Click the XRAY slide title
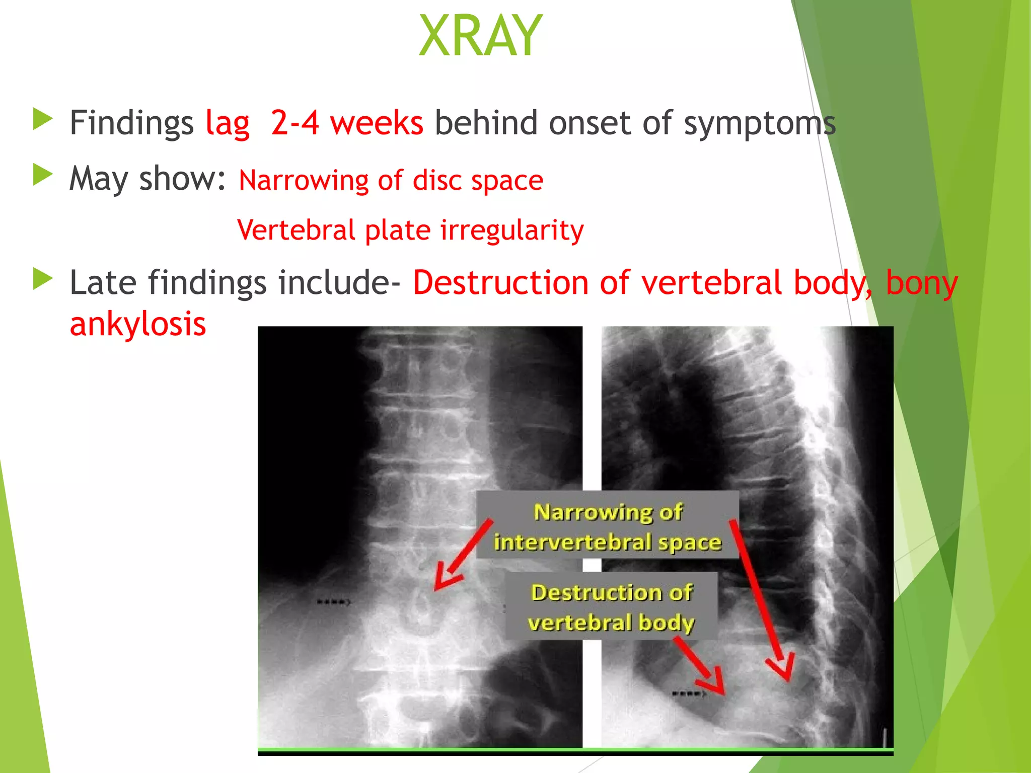click(x=480, y=36)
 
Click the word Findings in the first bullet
click(x=131, y=123)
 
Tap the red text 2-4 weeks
click(x=346, y=123)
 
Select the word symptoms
click(x=759, y=123)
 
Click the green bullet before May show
click(x=43, y=176)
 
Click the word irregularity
click(x=511, y=230)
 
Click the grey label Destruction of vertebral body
click(x=611, y=607)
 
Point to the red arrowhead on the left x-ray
click(x=445, y=578)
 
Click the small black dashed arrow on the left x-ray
click(x=333, y=602)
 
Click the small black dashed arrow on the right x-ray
click(x=689, y=694)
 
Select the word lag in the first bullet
click(x=228, y=123)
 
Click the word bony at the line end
click(x=921, y=282)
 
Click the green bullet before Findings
click(x=43, y=120)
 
